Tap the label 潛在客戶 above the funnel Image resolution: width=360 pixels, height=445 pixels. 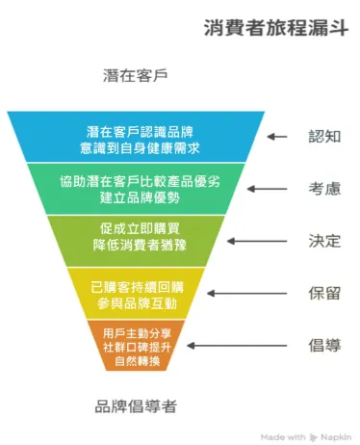pyautogui.click(x=135, y=75)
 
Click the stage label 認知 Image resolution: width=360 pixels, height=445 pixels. pyautogui.click(x=324, y=136)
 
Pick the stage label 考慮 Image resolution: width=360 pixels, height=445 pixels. pyautogui.click(x=324, y=188)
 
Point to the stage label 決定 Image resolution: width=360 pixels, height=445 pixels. pyautogui.click(x=324, y=240)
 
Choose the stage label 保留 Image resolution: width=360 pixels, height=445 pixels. pyautogui.click(x=324, y=292)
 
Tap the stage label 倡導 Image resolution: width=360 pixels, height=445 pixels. pyautogui.click(x=324, y=344)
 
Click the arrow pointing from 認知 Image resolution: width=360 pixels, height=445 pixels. pyautogui.click(x=277, y=137)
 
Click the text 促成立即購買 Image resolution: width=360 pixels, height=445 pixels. pyautogui.click(x=136, y=229)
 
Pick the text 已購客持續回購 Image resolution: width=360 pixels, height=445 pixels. pyautogui.click(x=136, y=286)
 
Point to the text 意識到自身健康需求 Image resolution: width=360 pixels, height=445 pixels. pyautogui.click(x=136, y=145)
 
